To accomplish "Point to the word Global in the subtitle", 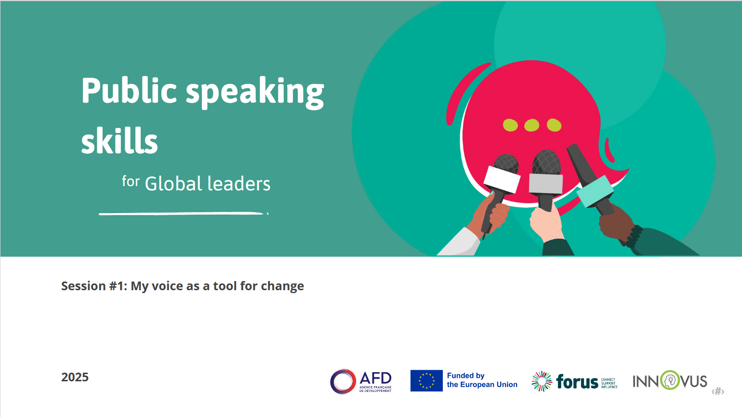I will pos(173,184).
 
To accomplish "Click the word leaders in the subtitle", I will pos(239,184).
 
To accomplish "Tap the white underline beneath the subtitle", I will pos(182,213).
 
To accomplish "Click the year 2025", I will pos(75,377).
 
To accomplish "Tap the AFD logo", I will pos(361,381).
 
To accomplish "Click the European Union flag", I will pos(426,381).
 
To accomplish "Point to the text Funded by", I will pos(465,376).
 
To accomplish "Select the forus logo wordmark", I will pos(577,382).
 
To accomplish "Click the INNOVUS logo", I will pos(670,381).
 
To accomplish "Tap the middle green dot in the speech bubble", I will pos(531,125).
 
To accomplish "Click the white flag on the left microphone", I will pos(502,179).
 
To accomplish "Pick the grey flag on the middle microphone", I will pos(545,183).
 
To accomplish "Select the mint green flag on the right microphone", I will pos(595,191).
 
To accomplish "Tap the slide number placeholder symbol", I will pos(718,391).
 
